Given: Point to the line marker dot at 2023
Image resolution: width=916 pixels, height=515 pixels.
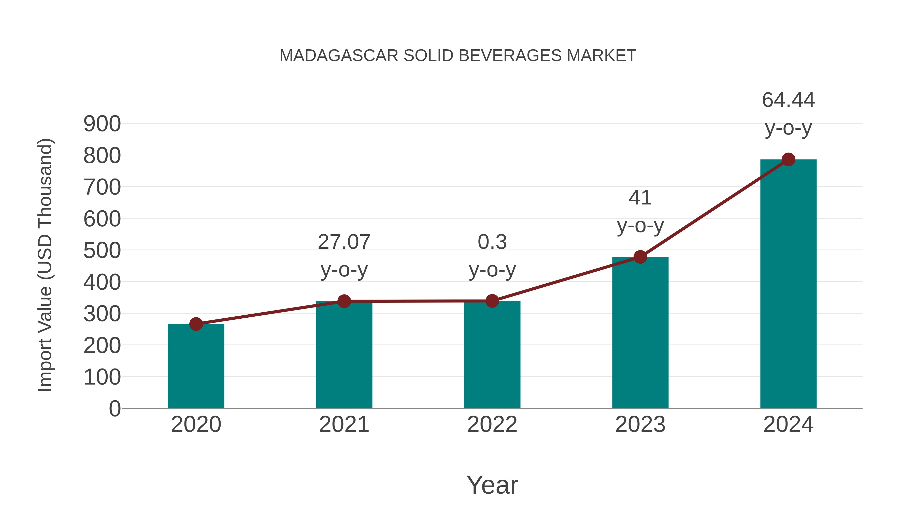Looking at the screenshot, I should point(640,257).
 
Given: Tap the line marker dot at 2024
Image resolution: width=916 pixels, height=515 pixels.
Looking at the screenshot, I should point(788,159).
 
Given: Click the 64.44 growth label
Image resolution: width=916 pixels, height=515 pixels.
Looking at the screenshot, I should point(788,100).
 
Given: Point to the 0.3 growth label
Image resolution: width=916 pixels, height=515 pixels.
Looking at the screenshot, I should point(492,242).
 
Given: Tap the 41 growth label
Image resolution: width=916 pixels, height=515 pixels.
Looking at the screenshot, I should point(640,198).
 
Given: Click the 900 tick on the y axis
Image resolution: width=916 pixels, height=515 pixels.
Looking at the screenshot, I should point(102,124).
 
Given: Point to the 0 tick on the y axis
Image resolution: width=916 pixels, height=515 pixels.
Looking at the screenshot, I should point(114,408).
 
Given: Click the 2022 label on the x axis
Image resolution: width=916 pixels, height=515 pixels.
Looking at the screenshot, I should point(492,424).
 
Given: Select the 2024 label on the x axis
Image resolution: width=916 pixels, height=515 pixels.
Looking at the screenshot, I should point(788,424).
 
